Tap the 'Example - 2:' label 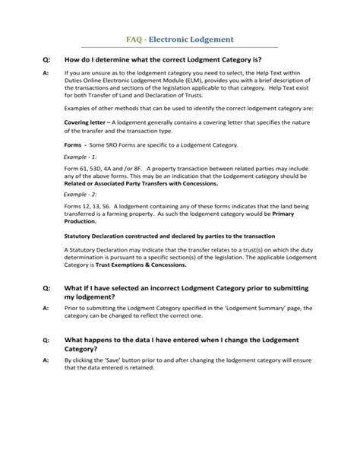[x=81, y=194]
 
